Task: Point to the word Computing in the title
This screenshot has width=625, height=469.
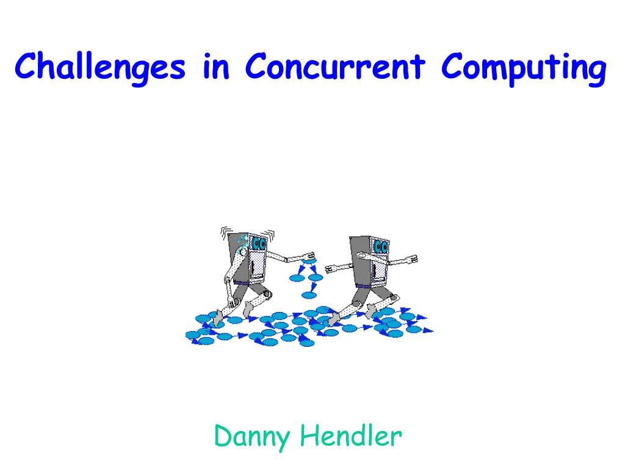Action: [x=524, y=67]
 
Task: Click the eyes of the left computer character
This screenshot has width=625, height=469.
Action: [x=259, y=244]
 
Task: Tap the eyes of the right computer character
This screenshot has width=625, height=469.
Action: [x=381, y=247]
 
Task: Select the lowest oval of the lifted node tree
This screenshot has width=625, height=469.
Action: [x=309, y=295]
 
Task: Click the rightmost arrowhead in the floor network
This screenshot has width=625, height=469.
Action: [x=428, y=330]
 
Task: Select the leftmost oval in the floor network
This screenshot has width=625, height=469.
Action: [x=193, y=334]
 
